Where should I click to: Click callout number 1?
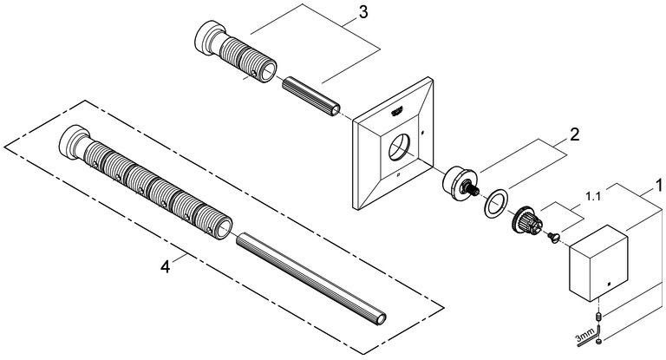[658, 186]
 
